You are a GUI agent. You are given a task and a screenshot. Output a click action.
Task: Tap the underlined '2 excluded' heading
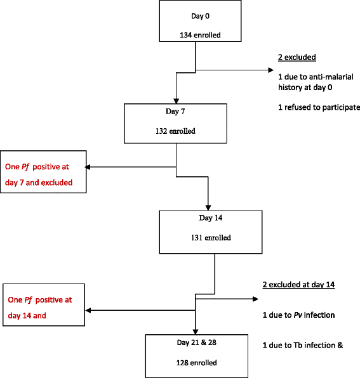297,57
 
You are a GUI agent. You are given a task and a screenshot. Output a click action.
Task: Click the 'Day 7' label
177,110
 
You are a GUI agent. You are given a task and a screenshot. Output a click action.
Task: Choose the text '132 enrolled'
177,132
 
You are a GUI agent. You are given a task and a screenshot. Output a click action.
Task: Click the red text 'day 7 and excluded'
39,183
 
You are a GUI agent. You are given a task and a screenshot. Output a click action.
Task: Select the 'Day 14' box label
211,217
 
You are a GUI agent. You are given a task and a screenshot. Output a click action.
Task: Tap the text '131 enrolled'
211,238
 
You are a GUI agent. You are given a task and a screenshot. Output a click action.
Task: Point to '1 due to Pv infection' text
298,315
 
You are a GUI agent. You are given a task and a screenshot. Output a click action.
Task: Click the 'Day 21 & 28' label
196,342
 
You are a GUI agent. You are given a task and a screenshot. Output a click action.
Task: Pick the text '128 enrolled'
196,363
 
